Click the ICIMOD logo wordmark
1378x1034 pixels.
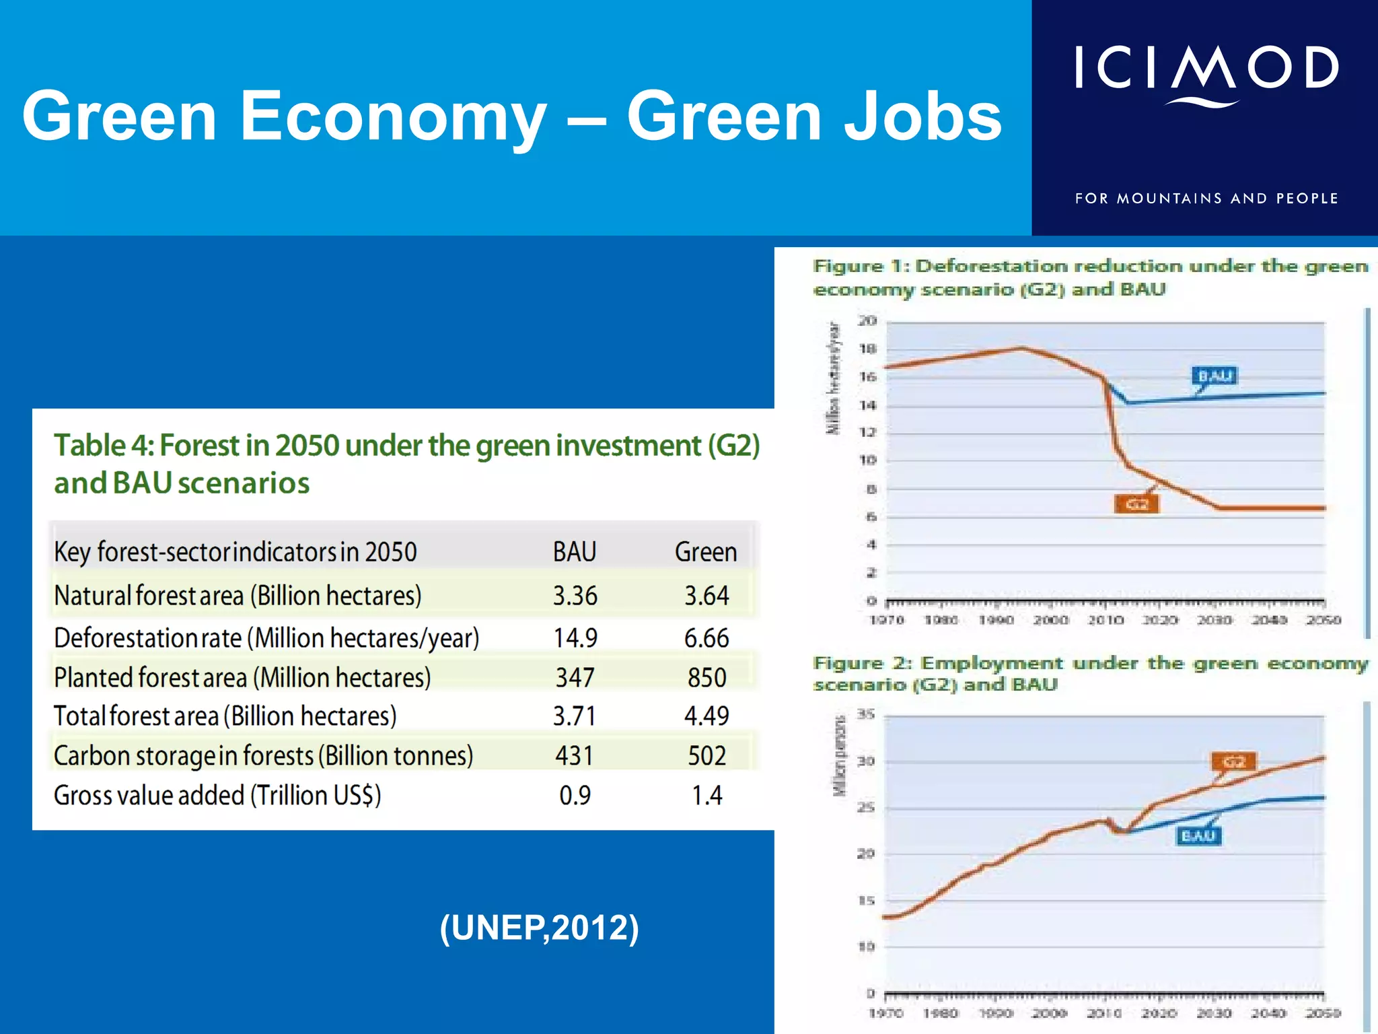[1206, 69]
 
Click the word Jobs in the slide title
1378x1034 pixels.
[923, 117]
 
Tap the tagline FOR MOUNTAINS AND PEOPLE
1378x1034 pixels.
[1206, 199]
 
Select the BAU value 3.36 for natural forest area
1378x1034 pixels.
[575, 596]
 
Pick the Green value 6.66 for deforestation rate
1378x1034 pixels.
[706, 637]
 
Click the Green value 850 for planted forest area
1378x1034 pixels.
[706, 677]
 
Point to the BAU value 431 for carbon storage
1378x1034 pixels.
[575, 755]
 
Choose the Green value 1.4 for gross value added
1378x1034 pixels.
[707, 795]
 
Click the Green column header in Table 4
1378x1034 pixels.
[706, 552]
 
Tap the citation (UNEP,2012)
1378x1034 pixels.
[539, 928]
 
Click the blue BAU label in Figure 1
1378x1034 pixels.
[1215, 376]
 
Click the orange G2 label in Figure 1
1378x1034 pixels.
[1137, 504]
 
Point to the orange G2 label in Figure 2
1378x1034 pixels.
[1234, 761]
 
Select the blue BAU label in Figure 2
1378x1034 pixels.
[1198, 835]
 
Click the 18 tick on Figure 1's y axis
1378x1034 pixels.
[868, 349]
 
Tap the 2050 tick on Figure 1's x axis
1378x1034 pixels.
[1323, 620]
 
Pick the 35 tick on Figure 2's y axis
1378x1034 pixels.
[866, 714]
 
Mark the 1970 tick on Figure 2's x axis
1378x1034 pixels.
[885, 1013]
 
